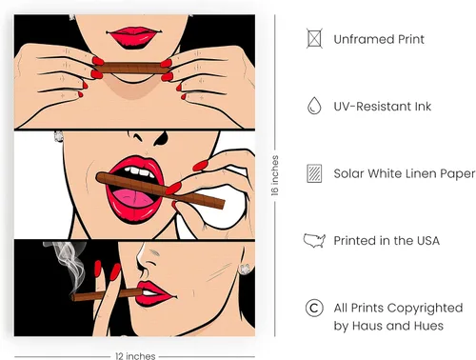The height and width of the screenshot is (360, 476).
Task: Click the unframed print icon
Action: pyautogui.click(x=314, y=38)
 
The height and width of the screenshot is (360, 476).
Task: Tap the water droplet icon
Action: pyautogui.click(x=314, y=106)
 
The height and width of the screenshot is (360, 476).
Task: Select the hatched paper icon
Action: pyautogui.click(x=314, y=173)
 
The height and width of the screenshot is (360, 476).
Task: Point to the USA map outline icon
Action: pyautogui.click(x=314, y=240)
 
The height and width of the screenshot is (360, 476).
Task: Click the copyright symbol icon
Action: pyautogui.click(x=314, y=308)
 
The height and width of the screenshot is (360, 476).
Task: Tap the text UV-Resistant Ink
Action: pyautogui.click(x=383, y=107)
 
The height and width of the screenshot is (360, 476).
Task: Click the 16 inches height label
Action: pyautogui.click(x=275, y=175)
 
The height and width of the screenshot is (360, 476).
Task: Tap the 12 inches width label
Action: pyautogui.click(x=135, y=356)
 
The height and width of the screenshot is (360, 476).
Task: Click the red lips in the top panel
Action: pyautogui.click(x=133, y=37)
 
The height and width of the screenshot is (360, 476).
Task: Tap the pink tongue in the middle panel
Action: pyautogui.click(x=133, y=198)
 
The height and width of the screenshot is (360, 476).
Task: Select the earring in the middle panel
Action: pyautogui.click(x=58, y=136)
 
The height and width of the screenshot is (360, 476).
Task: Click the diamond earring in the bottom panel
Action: pyautogui.click(x=245, y=270)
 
